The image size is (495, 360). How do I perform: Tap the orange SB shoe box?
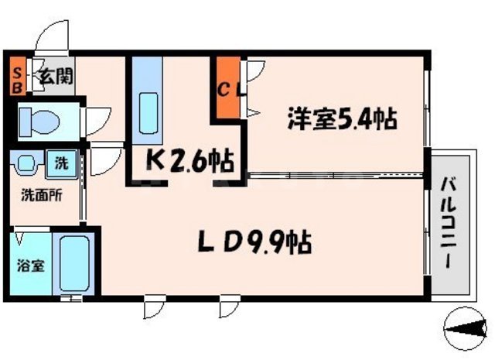[x=15, y=77]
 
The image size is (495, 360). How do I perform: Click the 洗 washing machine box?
[x=60, y=164]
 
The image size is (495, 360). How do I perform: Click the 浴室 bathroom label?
[x=30, y=265]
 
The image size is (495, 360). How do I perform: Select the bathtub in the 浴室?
[x=75, y=263]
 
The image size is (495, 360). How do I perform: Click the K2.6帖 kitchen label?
[x=190, y=161]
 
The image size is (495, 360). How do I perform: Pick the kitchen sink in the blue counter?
[x=148, y=108]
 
